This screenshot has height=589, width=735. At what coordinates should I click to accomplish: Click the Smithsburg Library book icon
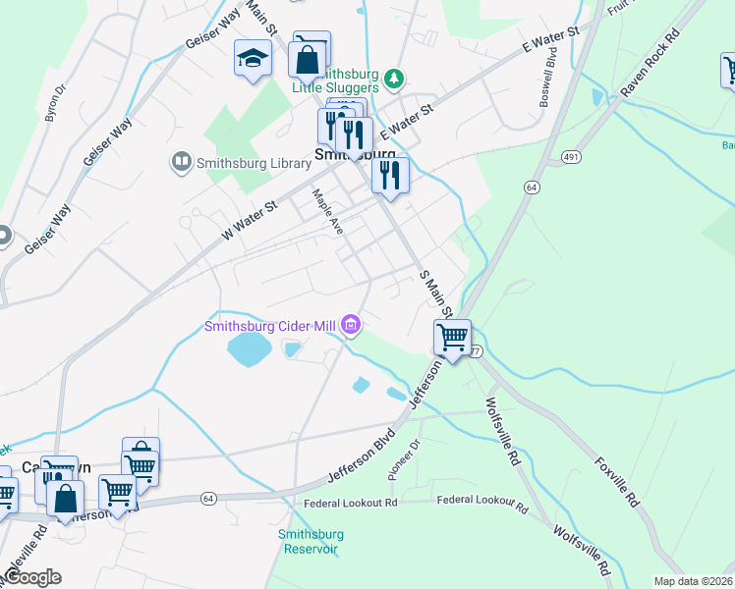click(x=180, y=161)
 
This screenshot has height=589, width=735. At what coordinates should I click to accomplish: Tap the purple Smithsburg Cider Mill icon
click(x=351, y=324)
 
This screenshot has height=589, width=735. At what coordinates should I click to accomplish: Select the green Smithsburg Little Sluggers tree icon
click(x=393, y=77)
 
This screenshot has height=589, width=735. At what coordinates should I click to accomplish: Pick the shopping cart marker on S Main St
click(x=452, y=338)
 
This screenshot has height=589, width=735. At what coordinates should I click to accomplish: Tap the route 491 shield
click(x=571, y=157)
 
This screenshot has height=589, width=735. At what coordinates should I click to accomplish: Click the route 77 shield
click(x=476, y=351)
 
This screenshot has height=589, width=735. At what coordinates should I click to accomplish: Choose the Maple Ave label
click(x=327, y=211)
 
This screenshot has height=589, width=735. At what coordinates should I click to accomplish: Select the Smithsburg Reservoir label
click(x=311, y=541)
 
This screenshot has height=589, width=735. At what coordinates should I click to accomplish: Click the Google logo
click(x=31, y=577)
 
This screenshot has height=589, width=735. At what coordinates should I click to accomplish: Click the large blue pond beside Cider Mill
click(x=250, y=348)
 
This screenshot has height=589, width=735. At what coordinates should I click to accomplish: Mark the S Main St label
click(x=434, y=294)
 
